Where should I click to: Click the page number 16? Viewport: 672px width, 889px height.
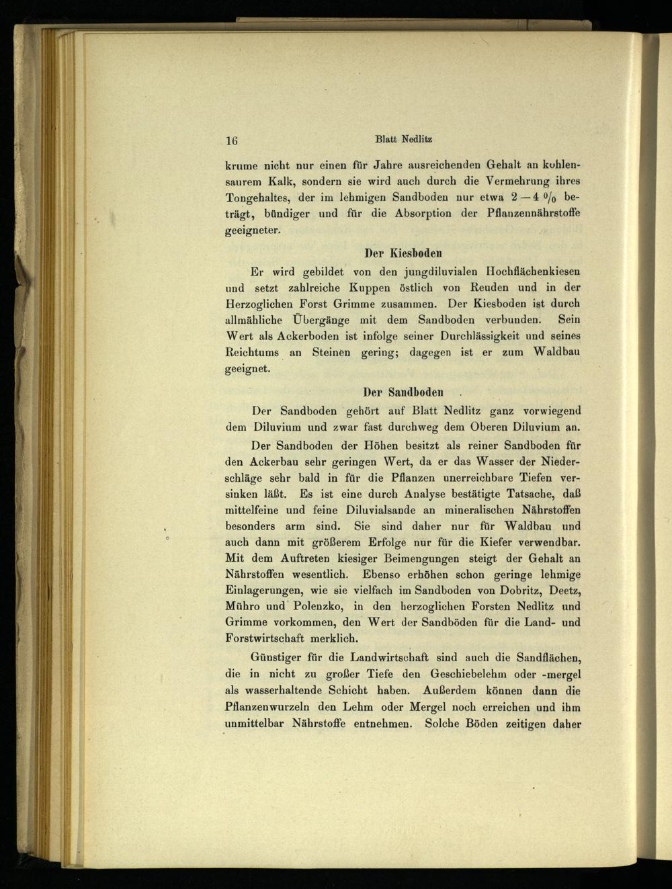pyautogui.click(x=232, y=140)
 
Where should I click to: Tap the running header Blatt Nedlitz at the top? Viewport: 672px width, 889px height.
pyautogui.click(x=403, y=140)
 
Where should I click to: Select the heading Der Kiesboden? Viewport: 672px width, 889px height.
pyautogui.click(x=403, y=253)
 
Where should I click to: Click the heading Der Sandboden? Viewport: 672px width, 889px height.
pyautogui.click(x=403, y=392)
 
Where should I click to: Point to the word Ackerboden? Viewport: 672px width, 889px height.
pyautogui.click(x=309, y=336)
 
